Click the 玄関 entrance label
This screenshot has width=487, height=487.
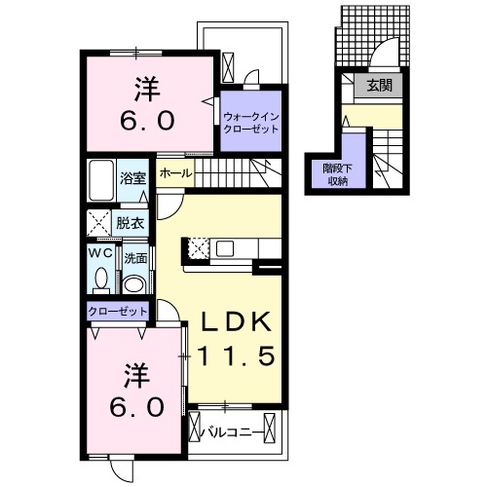click(379, 86)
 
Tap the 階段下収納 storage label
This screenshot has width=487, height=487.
click(338, 174)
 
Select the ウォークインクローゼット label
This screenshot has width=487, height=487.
click(251, 123)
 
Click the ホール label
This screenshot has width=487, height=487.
click(175, 173)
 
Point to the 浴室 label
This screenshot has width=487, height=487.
click(132, 178)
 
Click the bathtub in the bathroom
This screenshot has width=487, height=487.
click(102, 180)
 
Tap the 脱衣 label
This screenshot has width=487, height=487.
click(131, 223)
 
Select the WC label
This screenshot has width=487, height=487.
click(100, 253)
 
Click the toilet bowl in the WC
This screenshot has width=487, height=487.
click(101, 280)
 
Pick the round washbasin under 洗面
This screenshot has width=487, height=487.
click(134, 284)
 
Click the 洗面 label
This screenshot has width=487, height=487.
click(135, 259)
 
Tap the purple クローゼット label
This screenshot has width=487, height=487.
click(118, 312)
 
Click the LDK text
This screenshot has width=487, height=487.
click(237, 321)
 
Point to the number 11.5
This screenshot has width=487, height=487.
click(237, 355)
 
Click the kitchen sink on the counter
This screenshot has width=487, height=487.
click(225, 248)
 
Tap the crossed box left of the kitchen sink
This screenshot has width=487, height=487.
click(198, 248)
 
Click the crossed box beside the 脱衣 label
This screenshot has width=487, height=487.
click(99, 223)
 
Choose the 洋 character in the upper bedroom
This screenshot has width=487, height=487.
click(147, 89)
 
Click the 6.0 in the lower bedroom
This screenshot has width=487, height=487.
click(136, 408)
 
